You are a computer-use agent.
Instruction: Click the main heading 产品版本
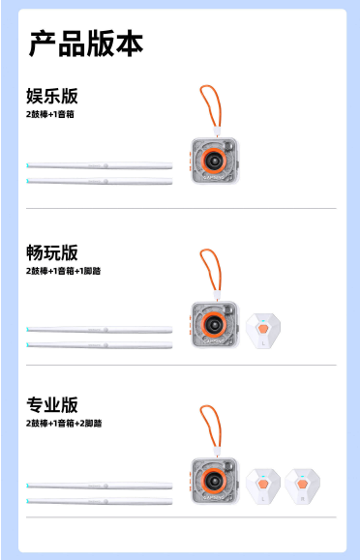click(x=86, y=44)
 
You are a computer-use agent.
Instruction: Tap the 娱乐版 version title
click(x=52, y=96)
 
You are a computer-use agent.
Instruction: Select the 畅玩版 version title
click(x=52, y=252)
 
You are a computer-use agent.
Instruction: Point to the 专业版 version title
click(x=52, y=405)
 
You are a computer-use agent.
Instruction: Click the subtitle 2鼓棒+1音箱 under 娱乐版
click(x=50, y=114)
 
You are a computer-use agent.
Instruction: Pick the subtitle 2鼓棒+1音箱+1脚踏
click(x=63, y=271)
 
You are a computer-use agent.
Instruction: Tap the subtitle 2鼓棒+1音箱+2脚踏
click(x=64, y=424)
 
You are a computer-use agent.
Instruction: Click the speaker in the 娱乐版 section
click(x=214, y=161)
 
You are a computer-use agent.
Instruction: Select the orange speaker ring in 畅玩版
click(x=214, y=325)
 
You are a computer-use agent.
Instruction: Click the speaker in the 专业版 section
click(x=214, y=481)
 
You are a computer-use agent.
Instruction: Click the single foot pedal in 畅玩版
click(x=263, y=331)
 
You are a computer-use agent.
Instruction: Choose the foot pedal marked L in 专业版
click(x=263, y=486)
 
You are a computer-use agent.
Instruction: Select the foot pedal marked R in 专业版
click(x=303, y=486)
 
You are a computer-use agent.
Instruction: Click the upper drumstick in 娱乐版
click(x=99, y=165)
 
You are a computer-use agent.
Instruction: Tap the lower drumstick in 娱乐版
click(x=99, y=181)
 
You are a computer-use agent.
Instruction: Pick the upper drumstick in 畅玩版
click(x=99, y=330)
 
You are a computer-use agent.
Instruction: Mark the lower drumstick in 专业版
click(x=99, y=501)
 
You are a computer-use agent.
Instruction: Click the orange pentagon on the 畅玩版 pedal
click(x=263, y=329)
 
